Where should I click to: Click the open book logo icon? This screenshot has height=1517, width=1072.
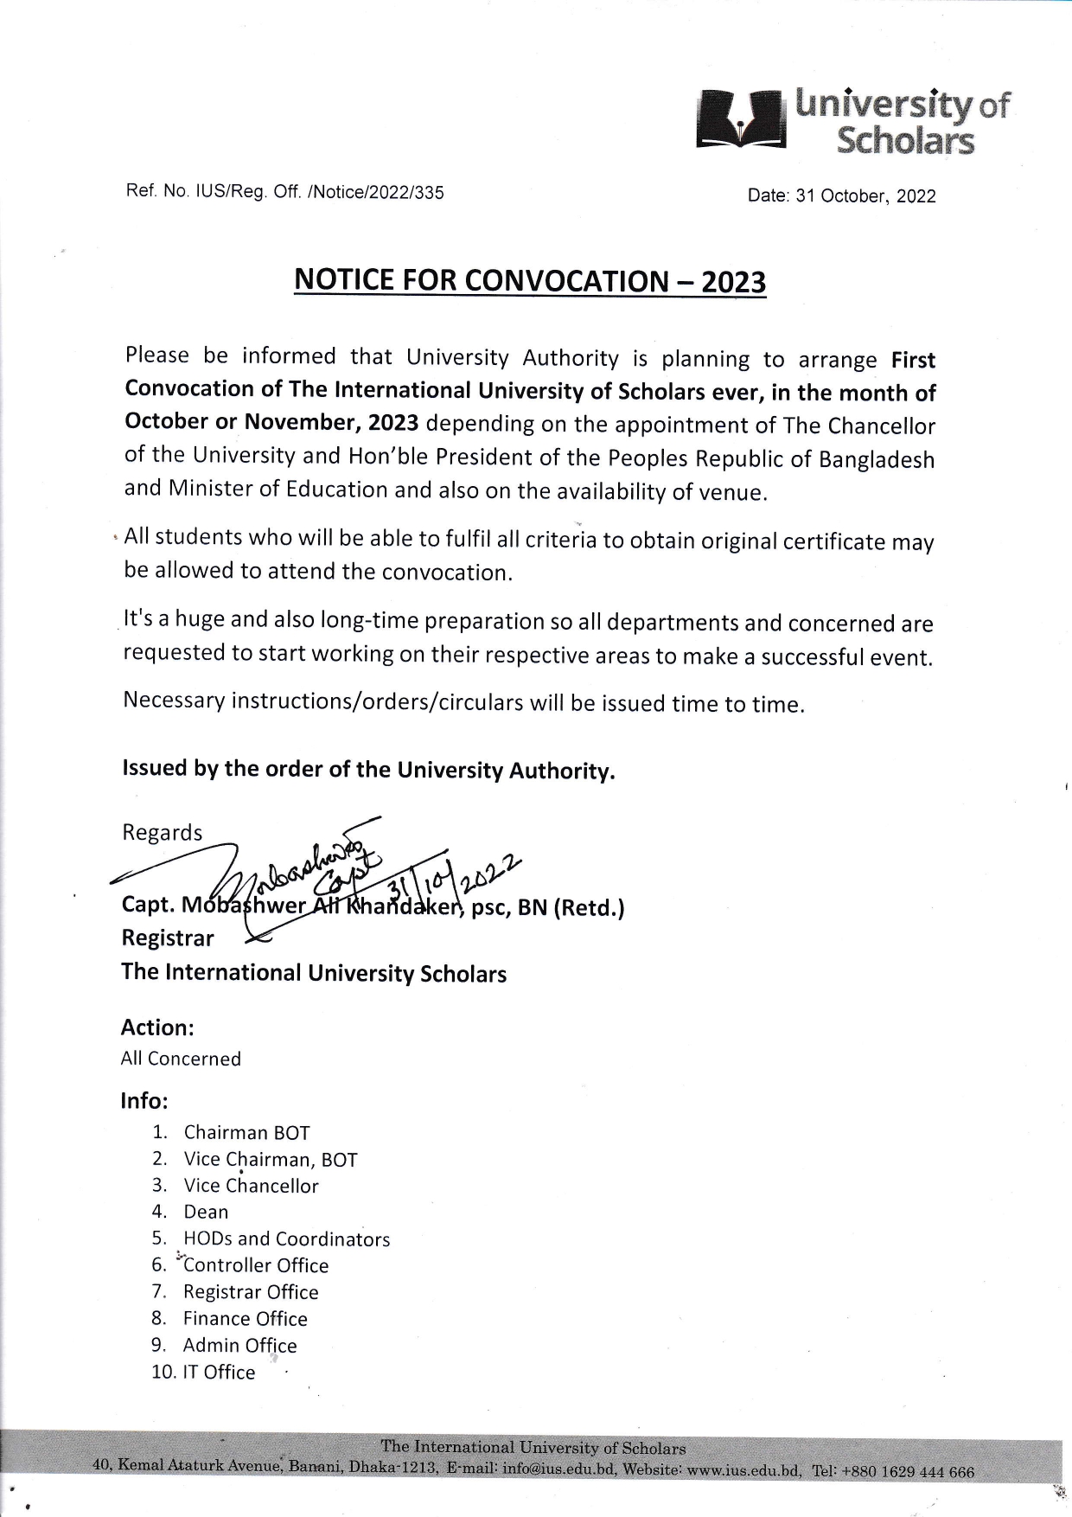coord(741,121)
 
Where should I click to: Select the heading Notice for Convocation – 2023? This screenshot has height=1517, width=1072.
coord(530,281)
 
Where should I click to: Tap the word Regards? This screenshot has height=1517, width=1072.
coord(162,832)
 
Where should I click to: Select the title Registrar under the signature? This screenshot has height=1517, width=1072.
coord(168,938)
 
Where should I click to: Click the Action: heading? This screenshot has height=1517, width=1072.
coord(157,1027)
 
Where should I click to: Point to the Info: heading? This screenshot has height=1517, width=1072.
coord(144,1101)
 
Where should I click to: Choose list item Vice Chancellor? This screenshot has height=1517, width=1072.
coord(251,1186)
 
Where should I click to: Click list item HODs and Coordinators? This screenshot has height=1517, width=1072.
coord(286,1239)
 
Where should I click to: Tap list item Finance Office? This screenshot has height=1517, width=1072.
coord(246,1318)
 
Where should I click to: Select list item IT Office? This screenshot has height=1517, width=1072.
coord(220,1372)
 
